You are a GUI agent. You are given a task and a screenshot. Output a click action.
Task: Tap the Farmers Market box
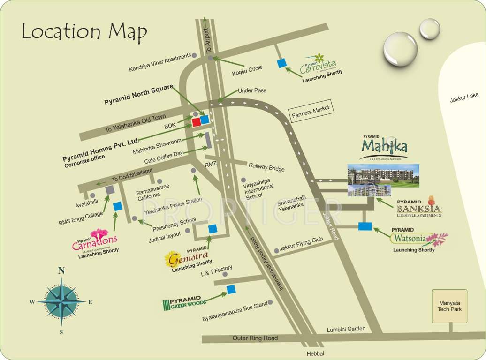coord(311,111)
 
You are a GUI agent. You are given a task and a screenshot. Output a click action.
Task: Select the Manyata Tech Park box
coord(450,306)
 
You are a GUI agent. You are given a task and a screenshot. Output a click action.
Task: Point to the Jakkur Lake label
coord(464,96)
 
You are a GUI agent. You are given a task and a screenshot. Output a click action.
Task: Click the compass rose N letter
coord(61,270)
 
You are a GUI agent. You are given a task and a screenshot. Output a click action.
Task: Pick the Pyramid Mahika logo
coord(384,148)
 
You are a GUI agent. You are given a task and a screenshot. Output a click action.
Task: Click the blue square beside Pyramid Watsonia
coord(365,226)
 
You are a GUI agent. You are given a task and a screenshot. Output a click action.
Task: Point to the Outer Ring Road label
coord(255,338)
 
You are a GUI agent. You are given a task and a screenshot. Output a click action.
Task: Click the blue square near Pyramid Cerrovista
coord(281,63)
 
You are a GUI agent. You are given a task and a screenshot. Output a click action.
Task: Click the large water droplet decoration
coord(400,49)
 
